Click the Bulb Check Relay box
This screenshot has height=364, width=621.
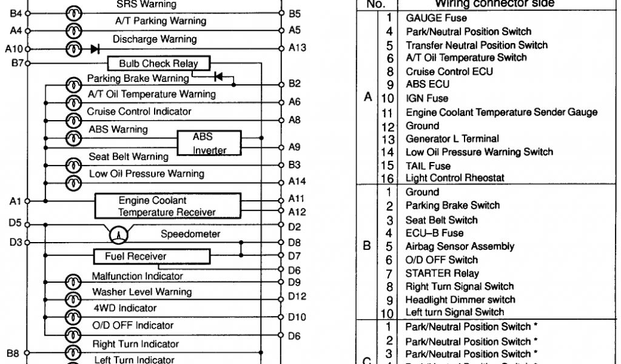[158, 64]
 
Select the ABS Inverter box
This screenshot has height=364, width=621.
[209, 144]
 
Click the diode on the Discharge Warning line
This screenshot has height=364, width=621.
[95, 49]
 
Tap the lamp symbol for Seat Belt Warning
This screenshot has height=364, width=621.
[73, 164]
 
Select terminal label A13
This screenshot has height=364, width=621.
[297, 49]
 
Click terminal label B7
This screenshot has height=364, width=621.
[17, 62]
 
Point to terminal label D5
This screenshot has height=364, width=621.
[16, 223]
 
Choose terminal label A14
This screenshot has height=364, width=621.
[297, 181]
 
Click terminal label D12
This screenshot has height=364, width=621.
[297, 296]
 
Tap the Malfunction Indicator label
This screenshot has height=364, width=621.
[137, 276]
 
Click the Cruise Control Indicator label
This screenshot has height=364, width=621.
[139, 112]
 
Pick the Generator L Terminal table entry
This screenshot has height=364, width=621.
[444, 139]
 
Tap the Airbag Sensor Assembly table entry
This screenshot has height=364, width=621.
[460, 246]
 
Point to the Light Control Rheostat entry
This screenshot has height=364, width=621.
[454, 178]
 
